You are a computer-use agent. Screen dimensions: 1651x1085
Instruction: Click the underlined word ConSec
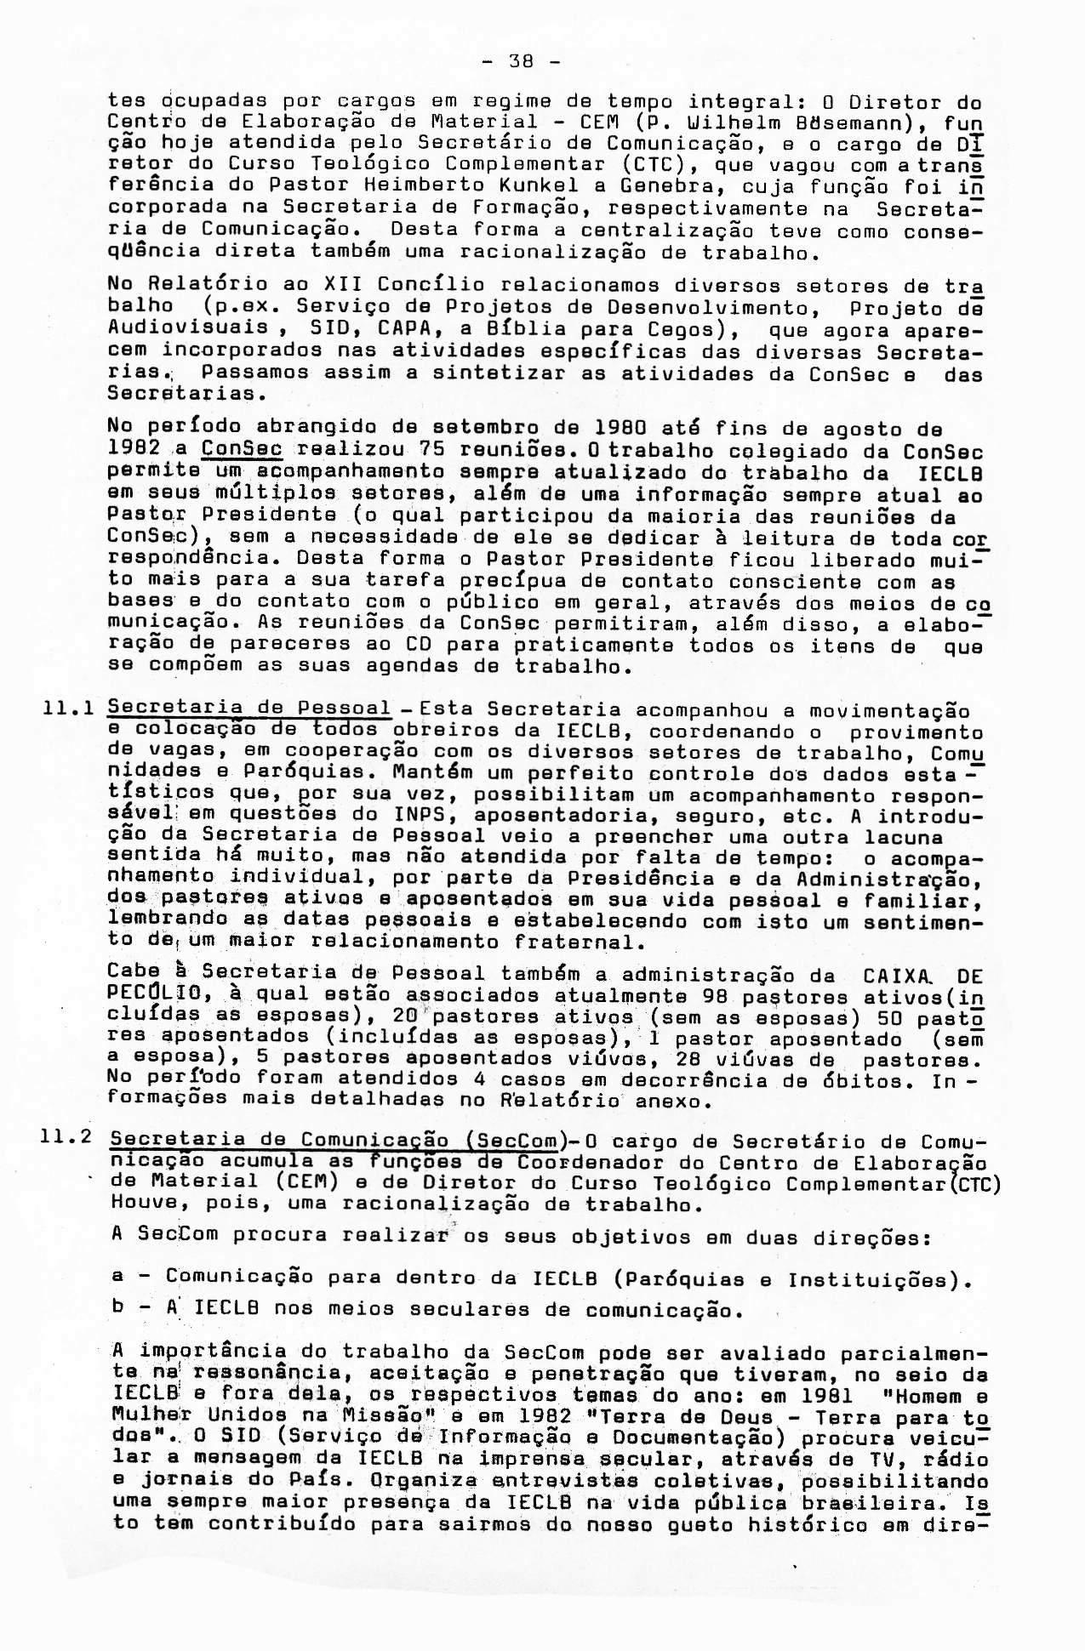tap(242, 450)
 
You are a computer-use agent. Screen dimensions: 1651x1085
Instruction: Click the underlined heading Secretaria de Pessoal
tap(249, 709)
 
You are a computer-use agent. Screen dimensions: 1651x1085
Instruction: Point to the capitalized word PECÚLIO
tap(157, 994)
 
